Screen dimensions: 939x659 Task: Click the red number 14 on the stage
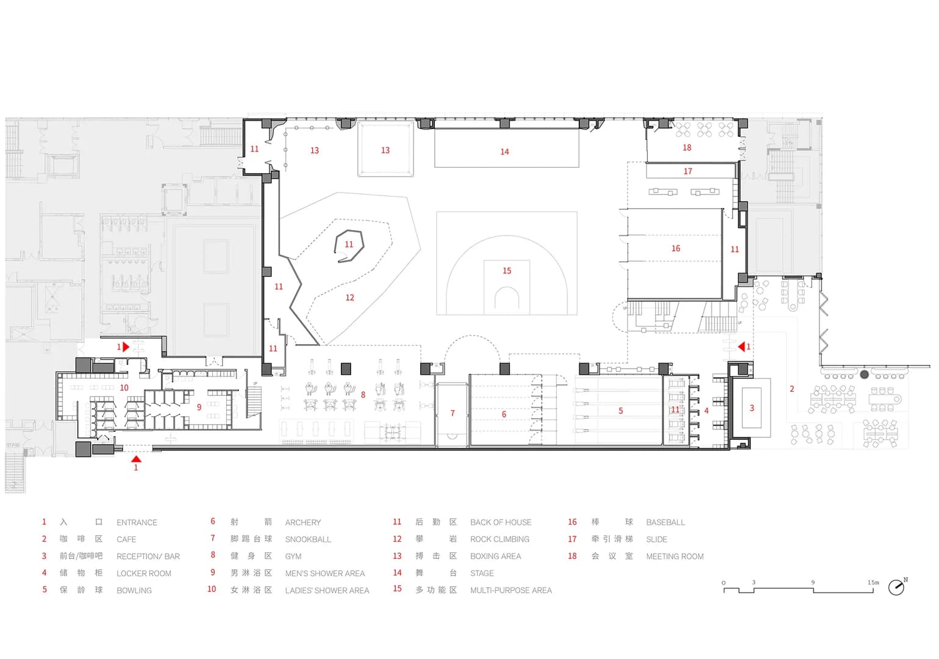point(504,152)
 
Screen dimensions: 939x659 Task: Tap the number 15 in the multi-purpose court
point(507,271)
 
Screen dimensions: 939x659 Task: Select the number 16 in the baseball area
point(676,249)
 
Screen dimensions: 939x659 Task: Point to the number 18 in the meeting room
point(687,148)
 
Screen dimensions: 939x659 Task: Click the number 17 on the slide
point(688,171)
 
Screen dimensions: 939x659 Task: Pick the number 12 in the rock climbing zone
point(349,298)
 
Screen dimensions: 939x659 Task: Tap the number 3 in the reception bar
point(752,408)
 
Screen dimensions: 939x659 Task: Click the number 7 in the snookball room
point(452,413)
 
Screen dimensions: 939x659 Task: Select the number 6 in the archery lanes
point(504,414)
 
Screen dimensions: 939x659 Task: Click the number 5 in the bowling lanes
point(621,411)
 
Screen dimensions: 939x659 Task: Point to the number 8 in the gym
point(363,395)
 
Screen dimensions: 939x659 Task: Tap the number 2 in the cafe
point(792,389)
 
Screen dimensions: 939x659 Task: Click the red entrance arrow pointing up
point(136,459)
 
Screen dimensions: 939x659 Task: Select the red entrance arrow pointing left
point(741,347)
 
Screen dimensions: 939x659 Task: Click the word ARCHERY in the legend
point(302,523)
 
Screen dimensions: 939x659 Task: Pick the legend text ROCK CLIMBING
point(500,539)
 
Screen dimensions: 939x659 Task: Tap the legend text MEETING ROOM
point(674,556)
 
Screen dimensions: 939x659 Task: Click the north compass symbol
point(896,587)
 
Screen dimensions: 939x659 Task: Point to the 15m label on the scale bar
point(873,583)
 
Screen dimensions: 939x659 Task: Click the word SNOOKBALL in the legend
point(308,539)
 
